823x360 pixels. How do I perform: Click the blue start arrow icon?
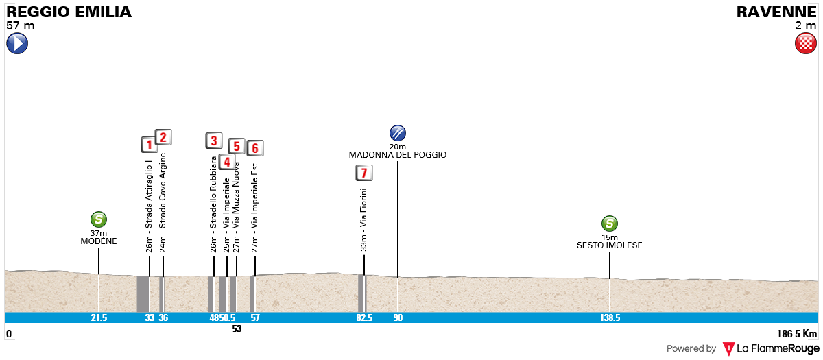click(x=17, y=43)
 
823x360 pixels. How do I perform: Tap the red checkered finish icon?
click(x=805, y=43)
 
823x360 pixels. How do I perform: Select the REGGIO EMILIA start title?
click(x=69, y=12)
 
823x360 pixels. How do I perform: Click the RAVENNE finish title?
click(x=776, y=12)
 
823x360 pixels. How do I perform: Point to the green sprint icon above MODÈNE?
click(x=99, y=219)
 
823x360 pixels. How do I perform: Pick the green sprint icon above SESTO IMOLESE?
click(x=609, y=224)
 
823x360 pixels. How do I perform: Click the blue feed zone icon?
click(x=398, y=133)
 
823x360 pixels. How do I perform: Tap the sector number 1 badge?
click(x=150, y=145)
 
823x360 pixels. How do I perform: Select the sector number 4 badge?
click(x=227, y=162)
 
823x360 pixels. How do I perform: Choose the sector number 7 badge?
click(x=364, y=173)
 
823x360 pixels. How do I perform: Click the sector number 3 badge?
click(x=214, y=141)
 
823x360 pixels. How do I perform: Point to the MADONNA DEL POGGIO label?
click(x=398, y=155)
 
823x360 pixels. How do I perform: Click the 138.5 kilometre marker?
click(x=610, y=317)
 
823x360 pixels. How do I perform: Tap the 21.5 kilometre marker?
click(x=99, y=317)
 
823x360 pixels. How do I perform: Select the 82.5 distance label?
click(x=364, y=317)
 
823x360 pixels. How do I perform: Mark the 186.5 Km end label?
click(x=797, y=333)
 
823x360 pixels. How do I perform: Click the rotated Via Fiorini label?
click(x=363, y=220)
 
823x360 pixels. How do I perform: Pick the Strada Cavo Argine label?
click(x=163, y=203)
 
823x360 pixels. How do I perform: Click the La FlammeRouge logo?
click(x=770, y=348)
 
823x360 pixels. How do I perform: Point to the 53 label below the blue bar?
click(x=237, y=328)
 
